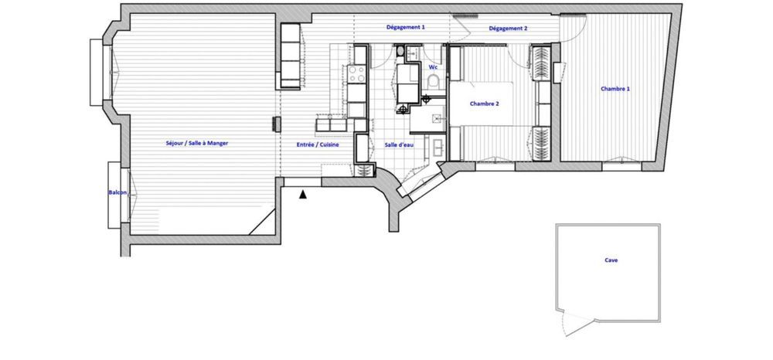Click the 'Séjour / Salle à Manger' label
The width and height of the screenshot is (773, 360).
196,143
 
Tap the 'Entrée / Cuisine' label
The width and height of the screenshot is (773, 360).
315,144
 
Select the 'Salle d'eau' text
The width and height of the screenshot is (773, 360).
399,144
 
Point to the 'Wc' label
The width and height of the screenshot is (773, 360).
433,67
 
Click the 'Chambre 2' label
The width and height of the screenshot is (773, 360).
485,104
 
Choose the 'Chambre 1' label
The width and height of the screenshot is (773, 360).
615,89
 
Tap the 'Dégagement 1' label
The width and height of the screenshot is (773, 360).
406,27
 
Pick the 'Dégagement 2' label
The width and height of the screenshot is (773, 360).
508,29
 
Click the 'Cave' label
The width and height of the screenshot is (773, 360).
611,260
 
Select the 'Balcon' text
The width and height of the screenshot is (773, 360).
117,192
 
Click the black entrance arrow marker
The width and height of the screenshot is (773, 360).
303,196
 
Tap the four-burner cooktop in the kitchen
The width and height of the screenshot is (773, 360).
359,74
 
